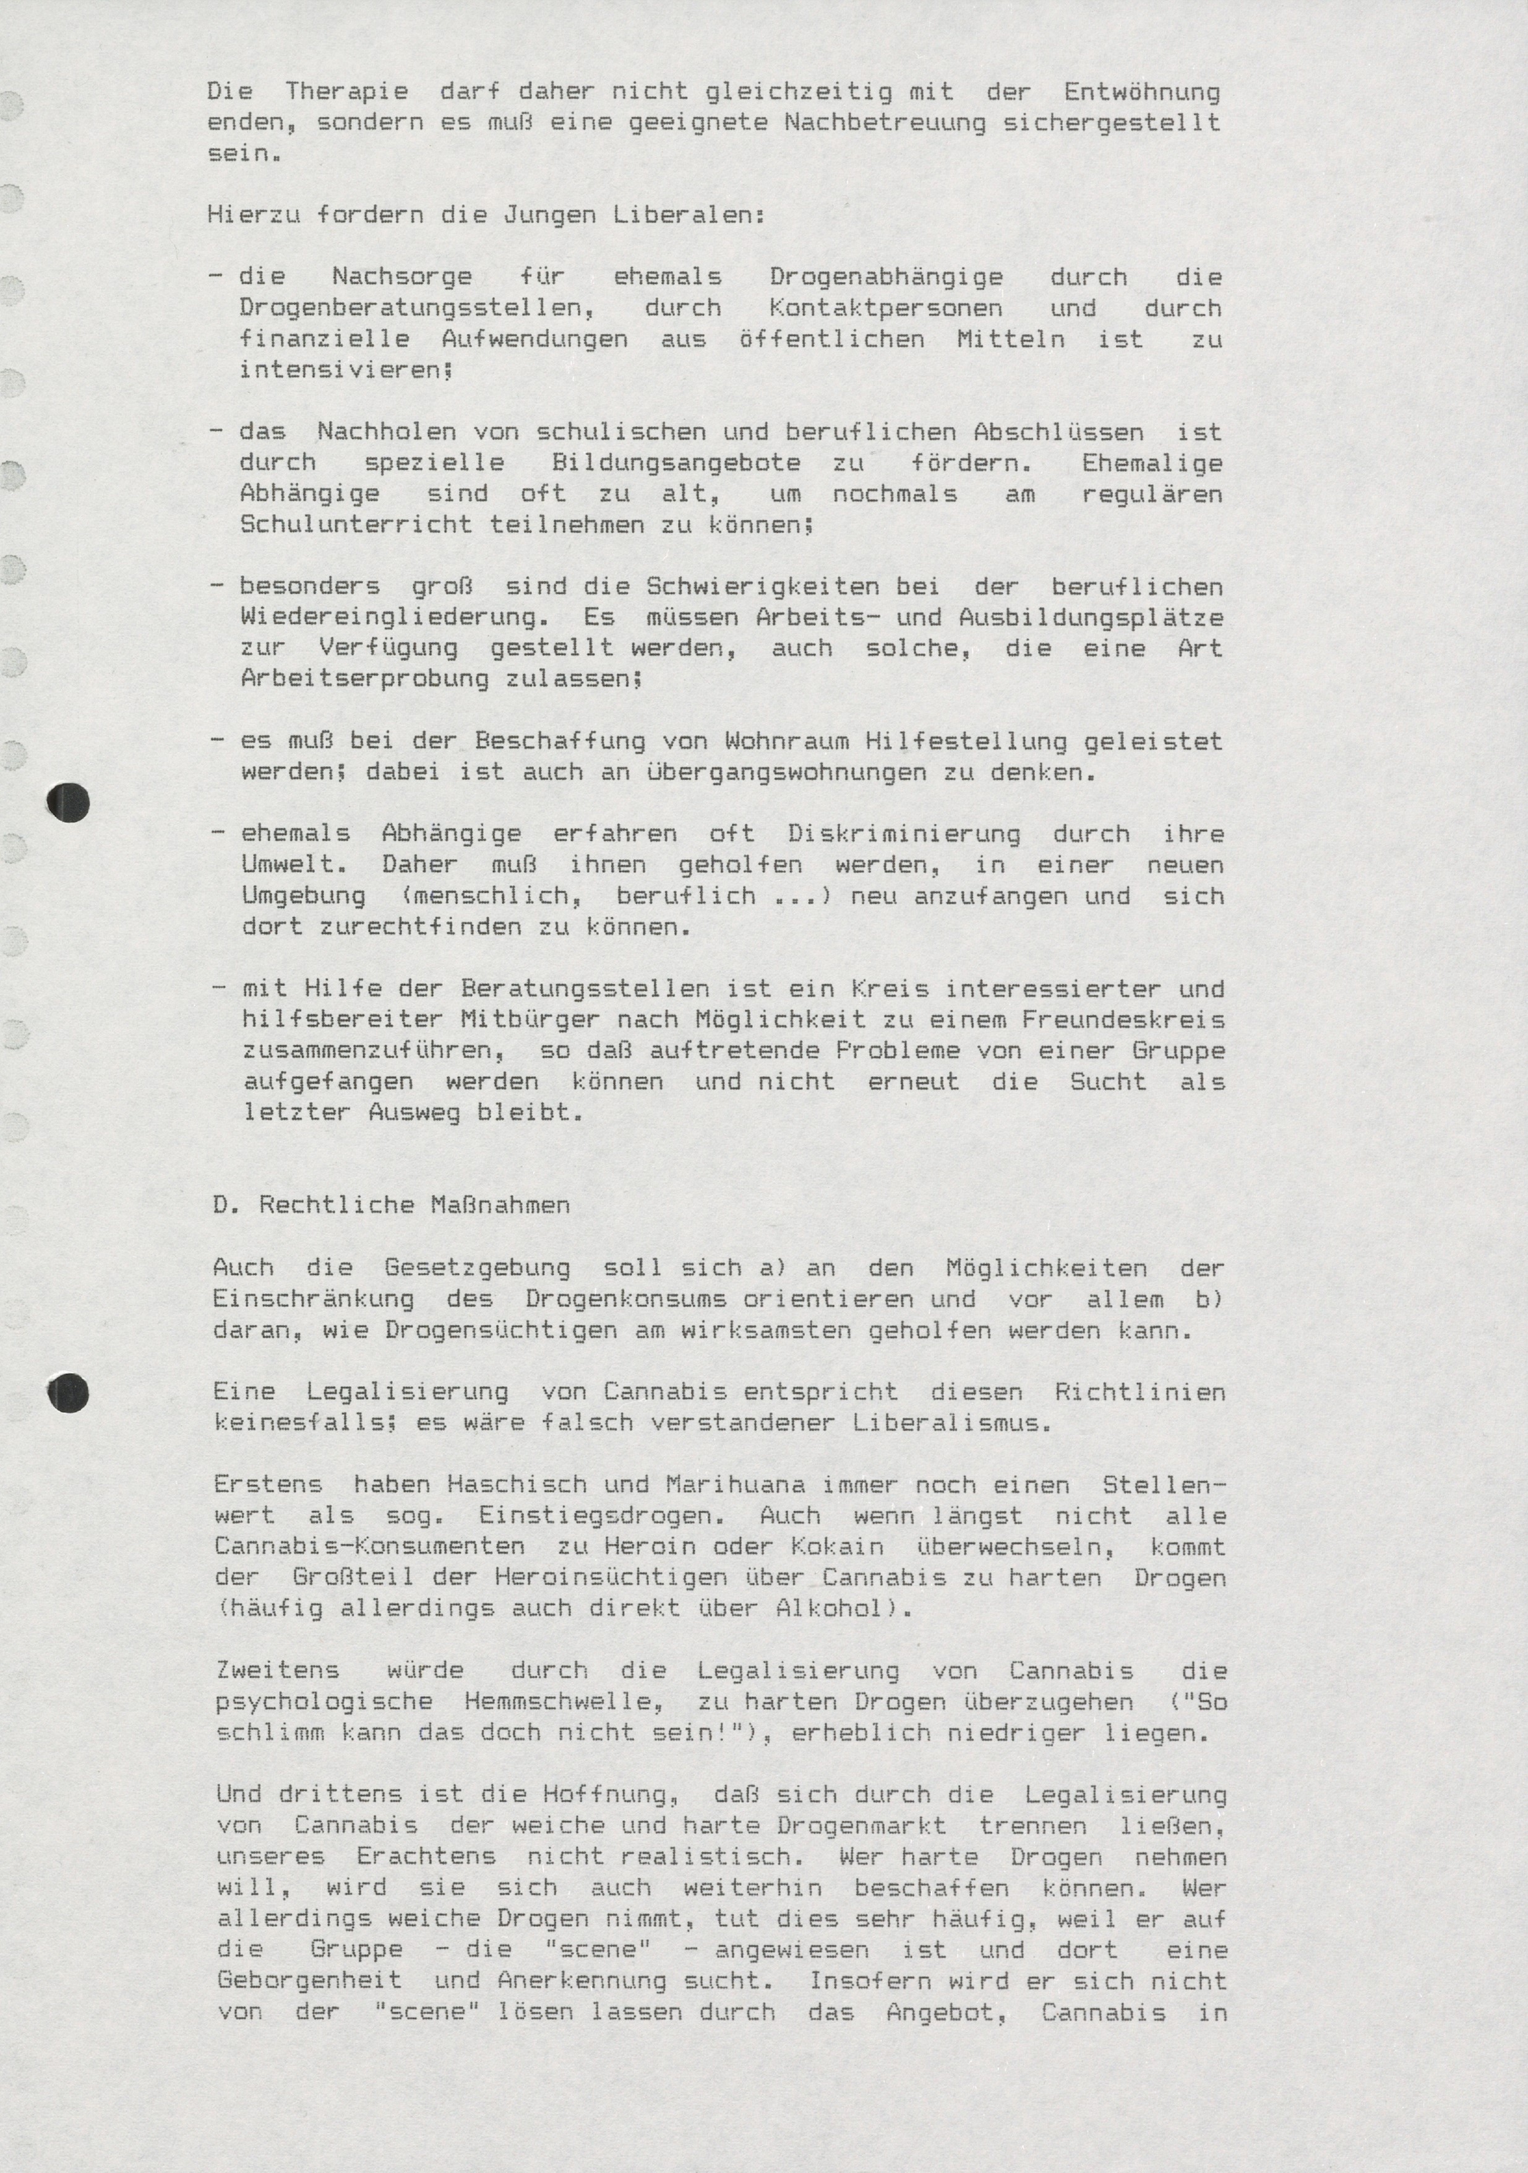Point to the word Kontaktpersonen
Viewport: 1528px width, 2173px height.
(x=885, y=309)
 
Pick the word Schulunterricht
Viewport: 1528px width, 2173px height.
(x=356, y=525)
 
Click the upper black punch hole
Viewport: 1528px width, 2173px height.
(x=68, y=804)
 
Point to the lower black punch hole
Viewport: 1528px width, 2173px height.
(x=68, y=1393)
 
